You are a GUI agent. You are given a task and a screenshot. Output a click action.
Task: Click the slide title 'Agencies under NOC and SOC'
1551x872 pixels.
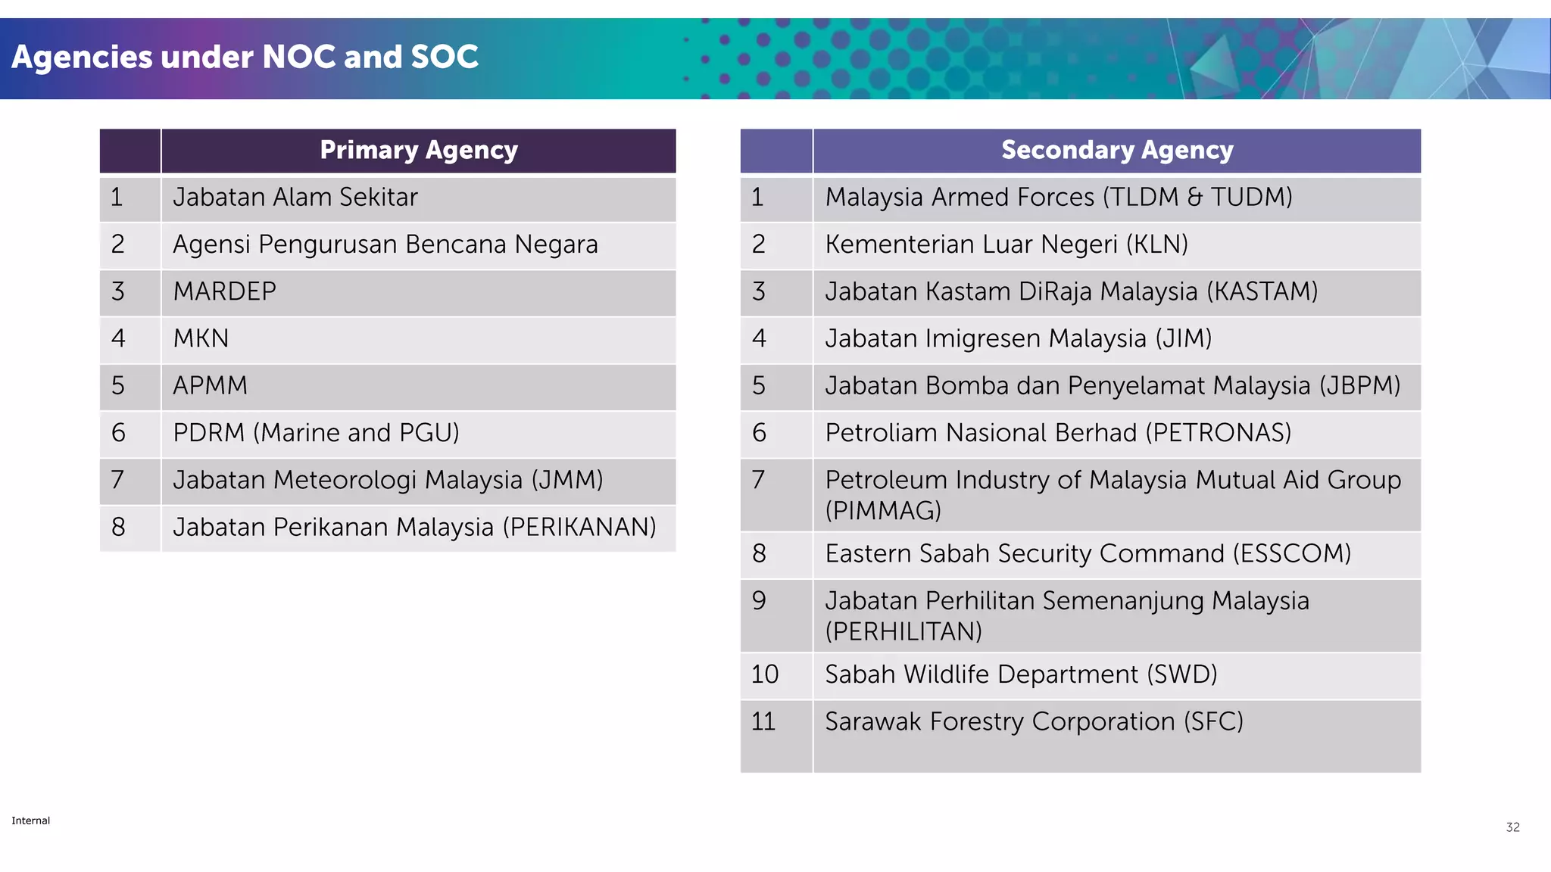[x=245, y=58]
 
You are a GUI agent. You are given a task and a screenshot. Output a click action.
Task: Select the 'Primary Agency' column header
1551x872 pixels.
[x=418, y=151]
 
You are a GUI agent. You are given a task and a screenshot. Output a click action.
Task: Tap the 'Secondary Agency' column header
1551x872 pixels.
[x=1117, y=151]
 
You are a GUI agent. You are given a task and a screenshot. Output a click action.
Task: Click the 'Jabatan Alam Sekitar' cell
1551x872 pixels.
[x=295, y=198]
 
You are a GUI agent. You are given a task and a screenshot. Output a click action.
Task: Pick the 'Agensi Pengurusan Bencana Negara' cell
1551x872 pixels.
[x=385, y=244]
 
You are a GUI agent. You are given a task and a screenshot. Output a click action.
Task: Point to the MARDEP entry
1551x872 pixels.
[x=224, y=291]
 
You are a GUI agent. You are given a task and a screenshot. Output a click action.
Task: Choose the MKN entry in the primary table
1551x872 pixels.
[x=201, y=338]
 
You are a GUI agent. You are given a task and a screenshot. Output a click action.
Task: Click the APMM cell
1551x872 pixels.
[x=210, y=386]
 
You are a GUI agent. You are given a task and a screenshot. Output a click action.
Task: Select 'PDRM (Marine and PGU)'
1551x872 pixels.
[x=316, y=433]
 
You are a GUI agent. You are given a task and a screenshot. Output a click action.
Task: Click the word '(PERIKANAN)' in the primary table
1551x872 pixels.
[x=579, y=528]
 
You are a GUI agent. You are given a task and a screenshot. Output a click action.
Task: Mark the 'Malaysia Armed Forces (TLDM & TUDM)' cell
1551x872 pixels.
[x=1058, y=198]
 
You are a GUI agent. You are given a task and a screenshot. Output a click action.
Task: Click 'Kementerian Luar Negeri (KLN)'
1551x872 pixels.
[x=1006, y=244]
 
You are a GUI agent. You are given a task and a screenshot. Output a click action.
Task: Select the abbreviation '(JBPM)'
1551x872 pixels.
[x=1359, y=386]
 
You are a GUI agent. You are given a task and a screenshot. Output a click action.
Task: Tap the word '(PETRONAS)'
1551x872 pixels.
[x=1218, y=433]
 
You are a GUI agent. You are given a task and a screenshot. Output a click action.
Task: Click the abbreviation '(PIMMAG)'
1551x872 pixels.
[x=883, y=511]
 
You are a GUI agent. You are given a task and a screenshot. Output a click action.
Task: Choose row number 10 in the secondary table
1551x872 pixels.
[x=765, y=674]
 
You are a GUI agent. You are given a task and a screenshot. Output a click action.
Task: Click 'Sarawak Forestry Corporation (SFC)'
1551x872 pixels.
[x=1034, y=722]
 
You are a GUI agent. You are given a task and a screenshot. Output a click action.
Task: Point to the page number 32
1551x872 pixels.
[x=1512, y=827]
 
